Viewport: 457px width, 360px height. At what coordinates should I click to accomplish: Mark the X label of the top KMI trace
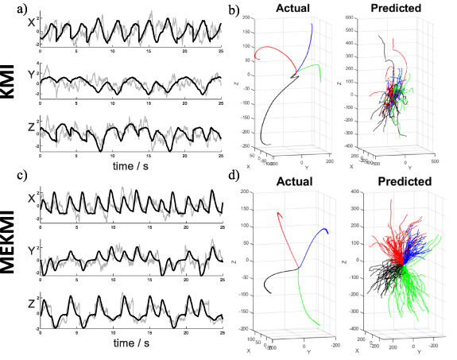[31, 24]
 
